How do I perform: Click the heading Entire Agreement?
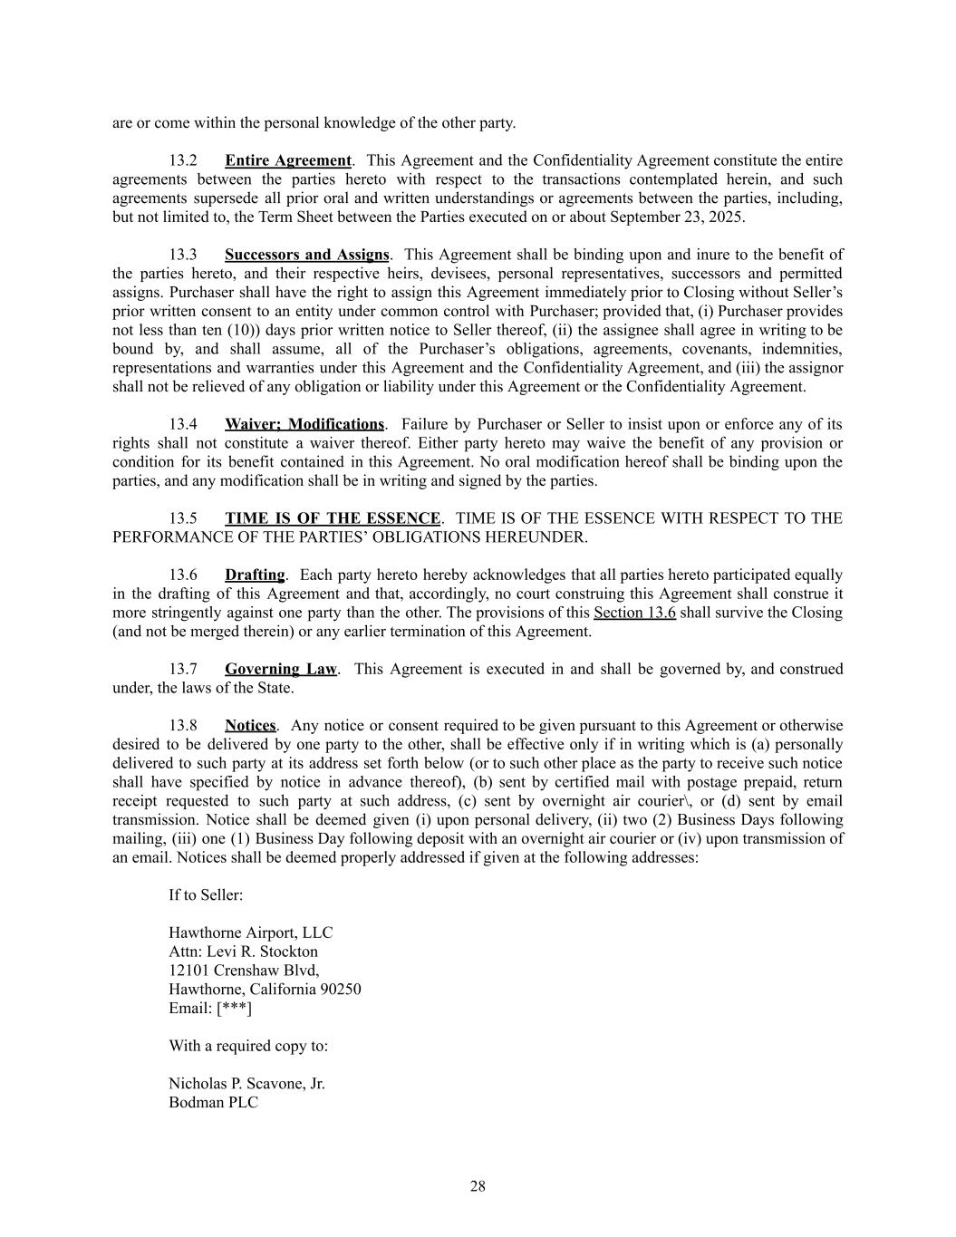pos(288,160)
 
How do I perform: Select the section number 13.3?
pos(183,255)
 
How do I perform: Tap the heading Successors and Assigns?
pos(307,255)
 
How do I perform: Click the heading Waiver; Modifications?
pos(304,424)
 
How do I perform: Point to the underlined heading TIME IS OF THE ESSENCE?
pos(333,518)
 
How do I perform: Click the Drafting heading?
pos(255,575)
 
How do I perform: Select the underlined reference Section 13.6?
pos(634,613)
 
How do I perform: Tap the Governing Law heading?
pos(281,669)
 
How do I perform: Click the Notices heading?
pos(250,725)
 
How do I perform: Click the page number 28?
pos(478,1186)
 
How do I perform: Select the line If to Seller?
pos(206,895)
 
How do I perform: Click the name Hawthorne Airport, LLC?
pos(251,933)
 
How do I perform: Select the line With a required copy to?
pos(248,1046)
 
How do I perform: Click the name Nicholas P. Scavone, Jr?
pos(246,1084)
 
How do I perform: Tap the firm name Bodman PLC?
pos(213,1103)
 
